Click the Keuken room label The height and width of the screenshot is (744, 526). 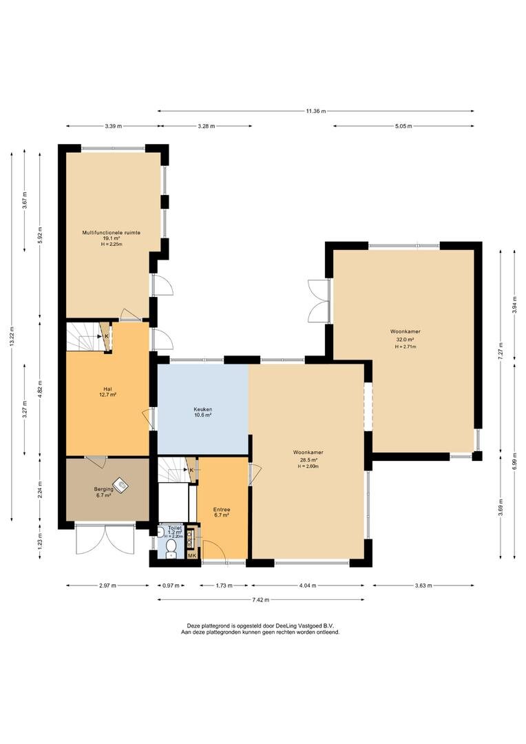(202, 409)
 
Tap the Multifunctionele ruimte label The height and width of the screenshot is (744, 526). (112, 233)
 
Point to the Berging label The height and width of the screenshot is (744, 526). (103, 489)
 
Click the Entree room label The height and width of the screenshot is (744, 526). (222, 510)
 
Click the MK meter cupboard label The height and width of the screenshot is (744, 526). (192, 556)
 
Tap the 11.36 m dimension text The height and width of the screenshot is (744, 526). (316, 111)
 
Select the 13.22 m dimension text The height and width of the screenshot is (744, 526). (12, 336)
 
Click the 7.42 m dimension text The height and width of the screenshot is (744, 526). (260, 600)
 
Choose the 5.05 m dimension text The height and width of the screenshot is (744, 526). (403, 126)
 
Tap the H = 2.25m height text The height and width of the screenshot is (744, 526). (112, 245)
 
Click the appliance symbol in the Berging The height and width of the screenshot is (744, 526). (122, 484)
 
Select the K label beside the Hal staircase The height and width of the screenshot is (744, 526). (106, 336)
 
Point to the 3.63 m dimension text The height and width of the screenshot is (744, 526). (423, 586)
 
